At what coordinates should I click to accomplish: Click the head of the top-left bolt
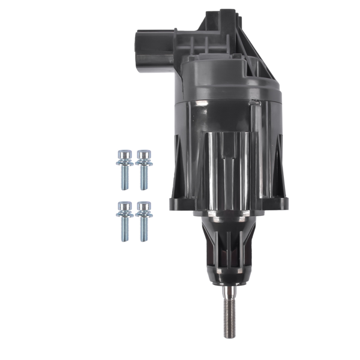(x=124, y=154)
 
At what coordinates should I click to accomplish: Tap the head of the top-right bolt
(x=142, y=154)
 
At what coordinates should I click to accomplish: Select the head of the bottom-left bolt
(x=124, y=206)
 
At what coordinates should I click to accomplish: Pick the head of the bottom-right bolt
(x=142, y=206)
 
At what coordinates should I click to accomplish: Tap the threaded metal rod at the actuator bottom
(x=229, y=315)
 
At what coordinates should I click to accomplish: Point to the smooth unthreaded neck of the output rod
(x=229, y=292)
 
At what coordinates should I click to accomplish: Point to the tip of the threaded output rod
(x=229, y=335)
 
